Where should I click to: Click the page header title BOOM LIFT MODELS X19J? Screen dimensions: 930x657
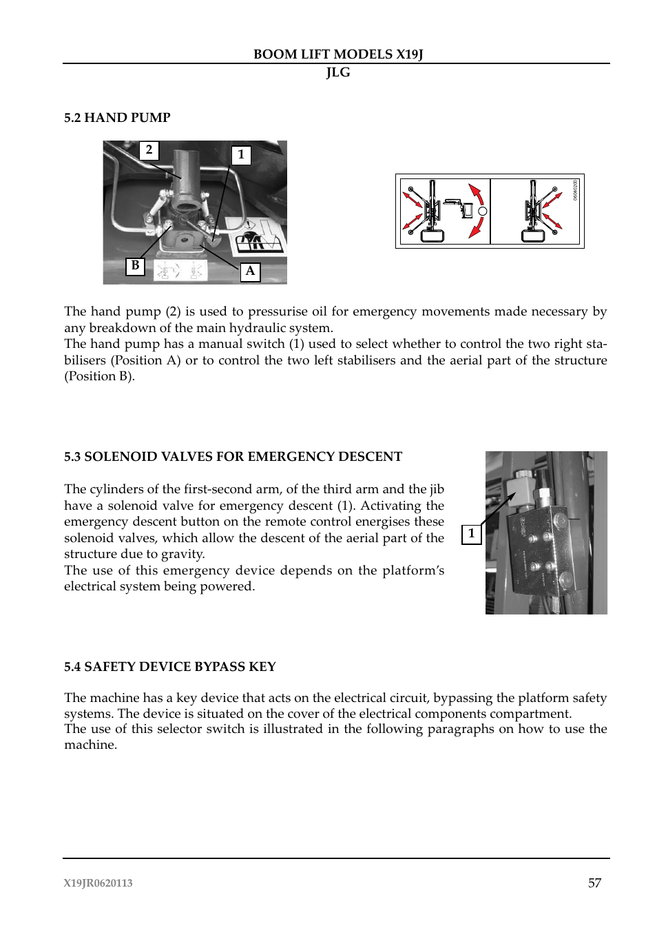(x=337, y=54)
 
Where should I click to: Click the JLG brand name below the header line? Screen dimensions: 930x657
(x=337, y=72)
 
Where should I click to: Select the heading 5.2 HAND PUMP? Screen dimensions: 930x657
(x=117, y=118)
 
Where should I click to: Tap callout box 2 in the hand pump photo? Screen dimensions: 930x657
(x=149, y=150)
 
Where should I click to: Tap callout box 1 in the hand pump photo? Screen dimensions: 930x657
(x=240, y=155)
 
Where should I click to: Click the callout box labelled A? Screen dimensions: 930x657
(x=250, y=271)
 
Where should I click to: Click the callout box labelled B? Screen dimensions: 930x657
(x=135, y=266)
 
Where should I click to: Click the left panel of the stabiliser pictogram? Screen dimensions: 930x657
(x=443, y=211)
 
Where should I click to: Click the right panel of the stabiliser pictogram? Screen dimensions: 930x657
(x=535, y=211)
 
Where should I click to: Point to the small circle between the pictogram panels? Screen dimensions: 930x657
(x=483, y=211)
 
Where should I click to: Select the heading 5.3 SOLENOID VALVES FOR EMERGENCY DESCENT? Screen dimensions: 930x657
(x=233, y=457)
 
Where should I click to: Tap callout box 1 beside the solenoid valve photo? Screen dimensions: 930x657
(x=471, y=534)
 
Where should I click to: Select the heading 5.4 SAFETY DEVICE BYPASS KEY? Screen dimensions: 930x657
(x=169, y=667)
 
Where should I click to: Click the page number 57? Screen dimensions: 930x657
(x=594, y=883)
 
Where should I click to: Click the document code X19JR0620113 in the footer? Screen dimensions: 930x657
(x=98, y=883)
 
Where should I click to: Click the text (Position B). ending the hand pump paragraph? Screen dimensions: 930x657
(x=99, y=376)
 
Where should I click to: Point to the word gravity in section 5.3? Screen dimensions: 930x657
(x=182, y=554)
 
